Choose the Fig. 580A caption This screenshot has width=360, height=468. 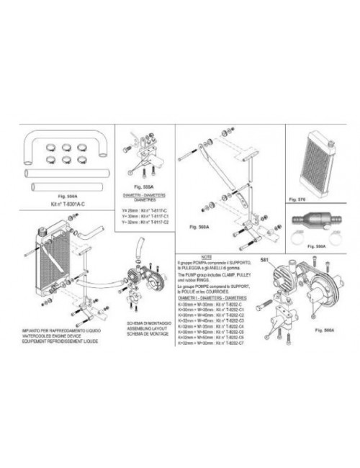point(332,328)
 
